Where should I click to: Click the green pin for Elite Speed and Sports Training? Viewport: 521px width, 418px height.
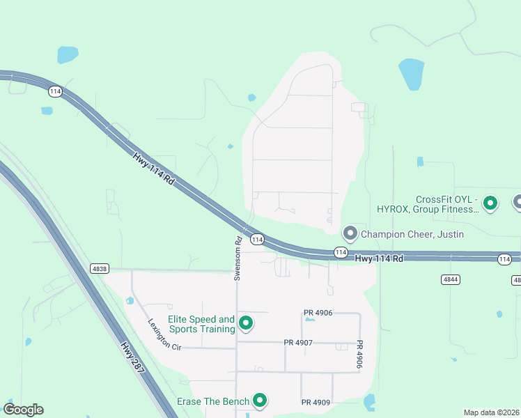tap(245, 323)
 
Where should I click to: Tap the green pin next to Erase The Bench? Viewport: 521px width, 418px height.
tap(260, 400)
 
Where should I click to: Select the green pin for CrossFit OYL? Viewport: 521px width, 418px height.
tap(490, 203)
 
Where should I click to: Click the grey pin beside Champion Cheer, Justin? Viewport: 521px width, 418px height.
tap(350, 233)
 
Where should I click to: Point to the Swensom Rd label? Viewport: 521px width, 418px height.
tap(238, 258)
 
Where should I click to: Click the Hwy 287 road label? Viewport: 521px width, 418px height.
tap(132, 357)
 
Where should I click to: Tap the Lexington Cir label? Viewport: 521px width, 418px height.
tap(164, 334)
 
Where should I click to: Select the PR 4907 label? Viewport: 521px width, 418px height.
tap(298, 343)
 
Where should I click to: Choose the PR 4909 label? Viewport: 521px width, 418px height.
tap(316, 402)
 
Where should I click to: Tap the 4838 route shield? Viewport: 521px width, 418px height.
tap(100, 268)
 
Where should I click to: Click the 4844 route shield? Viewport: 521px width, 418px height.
tap(449, 279)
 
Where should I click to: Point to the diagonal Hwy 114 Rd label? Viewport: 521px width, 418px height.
tap(153, 167)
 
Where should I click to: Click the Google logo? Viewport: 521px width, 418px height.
tap(23, 410)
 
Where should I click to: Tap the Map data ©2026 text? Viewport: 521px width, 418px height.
tap(491, 412)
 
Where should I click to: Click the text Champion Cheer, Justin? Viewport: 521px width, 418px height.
tap(412, 234)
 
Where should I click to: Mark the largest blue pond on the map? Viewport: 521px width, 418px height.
tap(411, 73)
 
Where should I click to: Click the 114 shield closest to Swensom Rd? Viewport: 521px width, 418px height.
tap(257, 239)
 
